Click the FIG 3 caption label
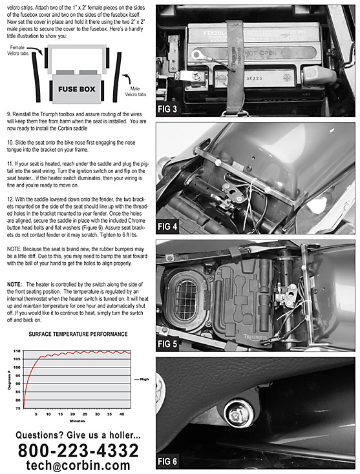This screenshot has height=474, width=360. [x=167, y=109]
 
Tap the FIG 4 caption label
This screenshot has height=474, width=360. [x=167, y=226]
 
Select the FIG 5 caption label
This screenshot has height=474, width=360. [x=167, y=344]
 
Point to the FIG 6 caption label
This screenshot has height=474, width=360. [x=167, y=461]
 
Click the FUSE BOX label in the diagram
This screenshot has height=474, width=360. [x=77, y=89]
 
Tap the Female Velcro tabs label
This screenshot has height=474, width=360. [x=17, y=50]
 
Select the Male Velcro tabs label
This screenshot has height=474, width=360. [x=135, y=91]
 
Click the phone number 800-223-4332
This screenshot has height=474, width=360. [x=78, y=450]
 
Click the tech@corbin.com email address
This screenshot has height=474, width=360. [x=78, y=465]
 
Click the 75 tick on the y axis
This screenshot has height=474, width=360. [x=18, y=408]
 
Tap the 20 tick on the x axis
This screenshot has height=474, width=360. [x=72, y=414]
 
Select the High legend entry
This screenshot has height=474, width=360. [x=142, y=379]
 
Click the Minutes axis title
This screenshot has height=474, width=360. [x=78, y=421]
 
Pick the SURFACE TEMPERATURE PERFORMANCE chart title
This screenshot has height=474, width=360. [x=78, y=334]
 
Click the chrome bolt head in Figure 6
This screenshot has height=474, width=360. [x=238, y=413]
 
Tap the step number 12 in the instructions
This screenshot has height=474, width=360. [x=10, y=199]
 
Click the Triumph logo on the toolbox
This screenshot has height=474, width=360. [x=255, y=336]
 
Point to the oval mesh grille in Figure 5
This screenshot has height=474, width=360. [x=185, y=298]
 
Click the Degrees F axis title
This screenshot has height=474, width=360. [x=9, y=382]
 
